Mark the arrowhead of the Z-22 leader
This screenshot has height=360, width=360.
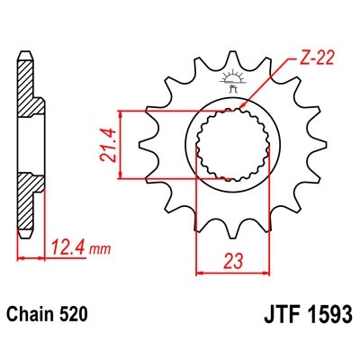(x=248, y=110)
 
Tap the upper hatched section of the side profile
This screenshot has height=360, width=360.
(x=29, y=95)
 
